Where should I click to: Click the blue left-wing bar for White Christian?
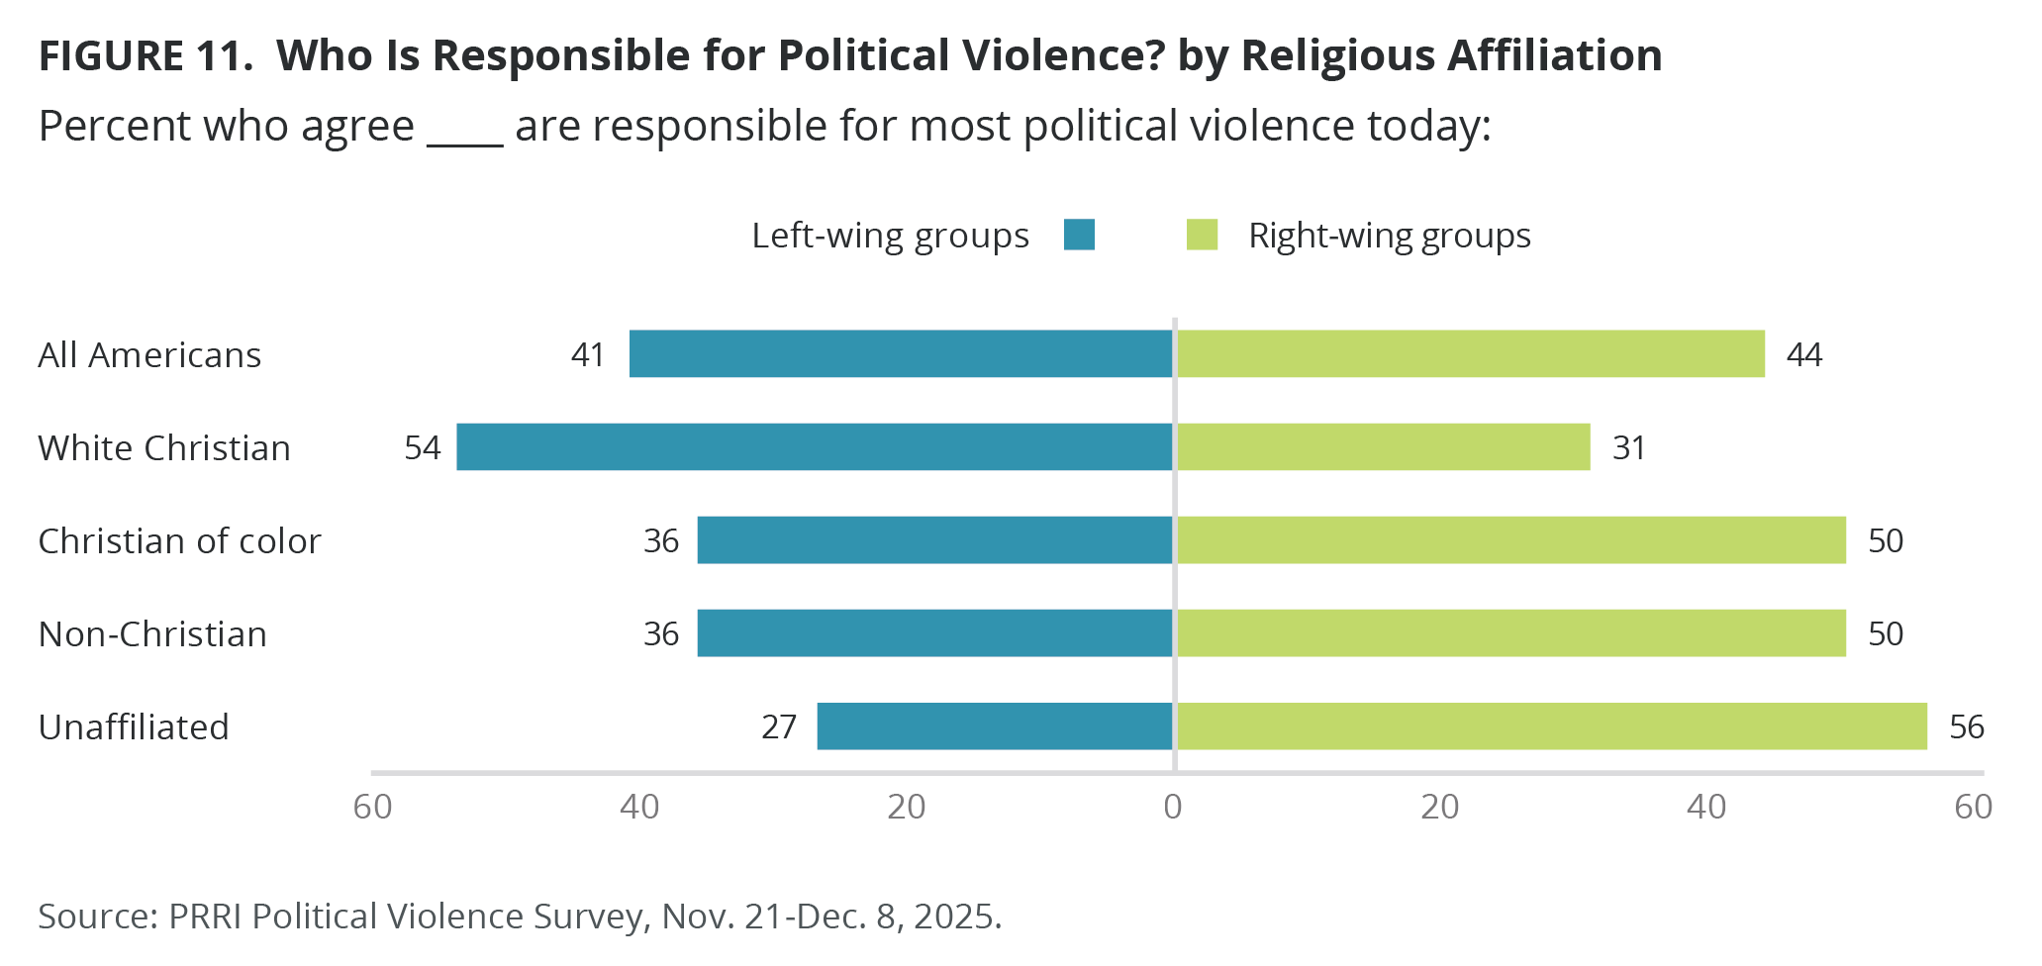814,447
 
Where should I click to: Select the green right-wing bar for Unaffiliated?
1551,726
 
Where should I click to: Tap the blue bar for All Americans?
901,354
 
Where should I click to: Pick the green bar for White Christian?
1383,447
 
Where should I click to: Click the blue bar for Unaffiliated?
995,726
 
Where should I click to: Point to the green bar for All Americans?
1470,354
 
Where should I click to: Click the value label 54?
423,448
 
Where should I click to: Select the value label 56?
1966,727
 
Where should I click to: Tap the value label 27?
779,727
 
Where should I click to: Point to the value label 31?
1628,448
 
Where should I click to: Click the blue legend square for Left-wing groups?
1079,236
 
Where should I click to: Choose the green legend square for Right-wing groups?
1202,236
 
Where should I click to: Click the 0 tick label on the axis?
1173,808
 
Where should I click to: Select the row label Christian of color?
179,541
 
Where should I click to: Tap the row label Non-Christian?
152,634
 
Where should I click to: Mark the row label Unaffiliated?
134,727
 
